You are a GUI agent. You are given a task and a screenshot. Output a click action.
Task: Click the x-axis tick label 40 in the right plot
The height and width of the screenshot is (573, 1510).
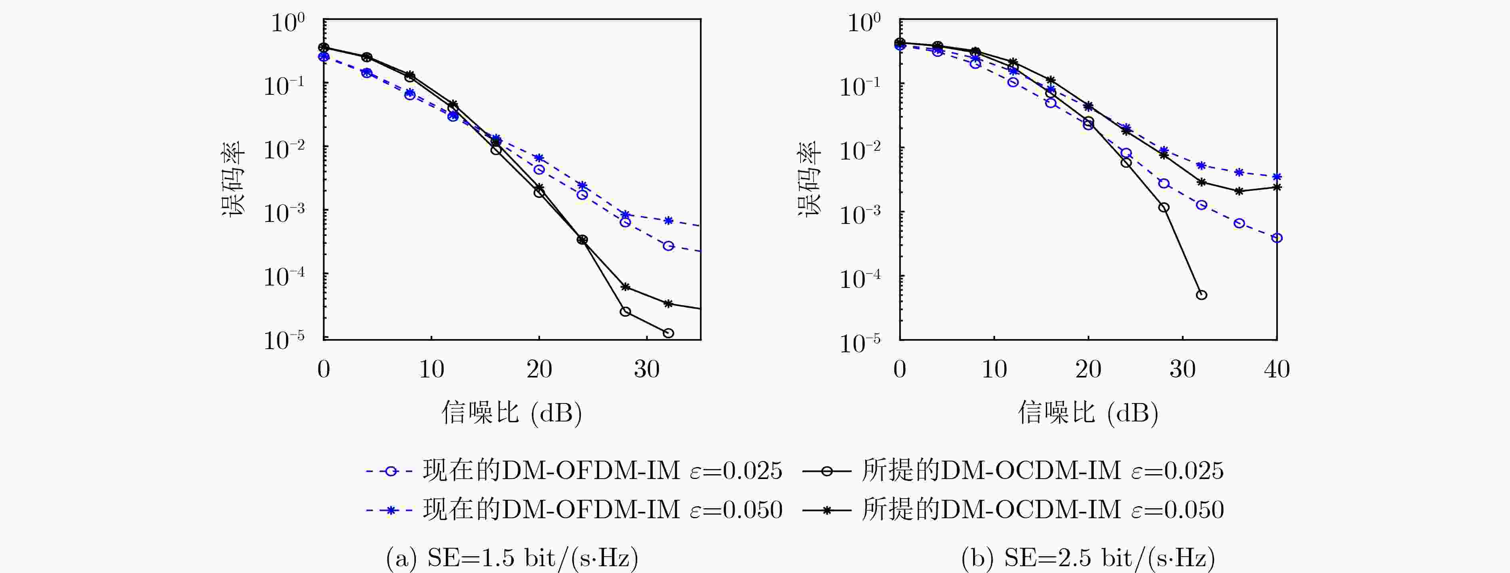coord(1276,369)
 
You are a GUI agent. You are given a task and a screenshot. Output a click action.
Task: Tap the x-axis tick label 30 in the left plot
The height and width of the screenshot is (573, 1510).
coord(647,369)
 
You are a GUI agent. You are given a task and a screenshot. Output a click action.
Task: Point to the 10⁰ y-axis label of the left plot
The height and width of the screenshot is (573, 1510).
coord(287,24)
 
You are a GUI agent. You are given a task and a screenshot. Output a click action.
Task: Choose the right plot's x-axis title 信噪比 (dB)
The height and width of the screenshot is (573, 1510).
coord(1088,413)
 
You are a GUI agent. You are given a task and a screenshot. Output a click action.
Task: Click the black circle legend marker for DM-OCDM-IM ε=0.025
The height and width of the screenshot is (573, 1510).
coord(827,471)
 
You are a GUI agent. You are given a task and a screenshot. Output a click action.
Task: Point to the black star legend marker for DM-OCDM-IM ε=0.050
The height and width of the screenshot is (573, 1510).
coord(827,510)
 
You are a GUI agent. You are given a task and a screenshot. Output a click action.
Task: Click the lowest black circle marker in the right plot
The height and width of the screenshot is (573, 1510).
coord(1201,295)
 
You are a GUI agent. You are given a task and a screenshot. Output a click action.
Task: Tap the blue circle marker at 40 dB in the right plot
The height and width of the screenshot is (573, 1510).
coord(1277,238)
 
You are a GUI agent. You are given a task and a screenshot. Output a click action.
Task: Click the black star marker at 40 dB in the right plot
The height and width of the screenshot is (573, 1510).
coord(1277,187)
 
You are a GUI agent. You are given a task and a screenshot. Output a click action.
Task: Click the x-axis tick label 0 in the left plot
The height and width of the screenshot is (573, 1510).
coord(324,369)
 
